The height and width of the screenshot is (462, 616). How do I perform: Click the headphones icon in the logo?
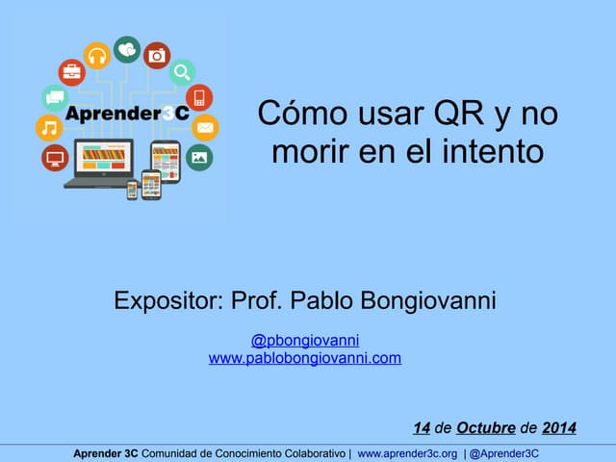(96, 56)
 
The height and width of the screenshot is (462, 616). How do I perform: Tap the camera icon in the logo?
(157, 56)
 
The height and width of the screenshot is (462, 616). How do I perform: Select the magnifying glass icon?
(182, 72)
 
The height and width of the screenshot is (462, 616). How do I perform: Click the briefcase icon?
(71, 72)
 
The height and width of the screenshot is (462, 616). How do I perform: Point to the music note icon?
(47, 127)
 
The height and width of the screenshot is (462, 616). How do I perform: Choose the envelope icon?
(205, 127)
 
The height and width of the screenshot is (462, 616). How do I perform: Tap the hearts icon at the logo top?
(126, 47)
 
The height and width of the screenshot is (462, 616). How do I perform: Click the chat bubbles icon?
(55, 97)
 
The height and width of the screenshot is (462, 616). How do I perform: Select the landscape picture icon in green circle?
(199, 157)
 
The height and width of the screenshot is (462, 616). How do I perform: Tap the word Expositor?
(167, 301)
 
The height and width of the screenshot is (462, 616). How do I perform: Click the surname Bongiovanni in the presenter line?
(428, 301)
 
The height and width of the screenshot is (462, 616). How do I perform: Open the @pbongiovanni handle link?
(305, 341)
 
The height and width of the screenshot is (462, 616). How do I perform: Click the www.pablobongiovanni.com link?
(304, 358)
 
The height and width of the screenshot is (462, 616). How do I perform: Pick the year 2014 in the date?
(559, 428)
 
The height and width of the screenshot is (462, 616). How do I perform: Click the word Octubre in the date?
(486, 428)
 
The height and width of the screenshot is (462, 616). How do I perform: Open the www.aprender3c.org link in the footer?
(407, 453)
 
